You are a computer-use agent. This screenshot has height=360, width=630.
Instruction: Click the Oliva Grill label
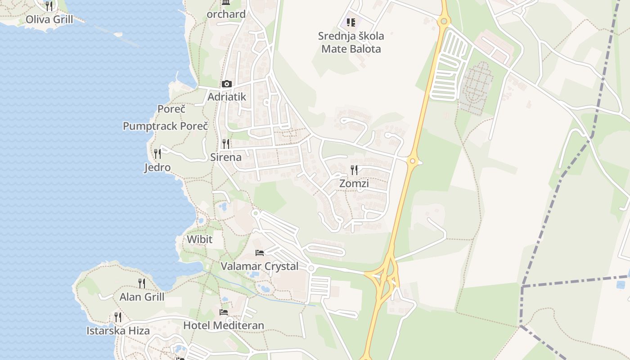[x=49, y=19]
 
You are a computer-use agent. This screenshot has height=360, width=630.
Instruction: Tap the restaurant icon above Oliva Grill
[x=49, y=6]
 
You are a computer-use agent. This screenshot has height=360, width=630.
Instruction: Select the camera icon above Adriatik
[x=226, y=84]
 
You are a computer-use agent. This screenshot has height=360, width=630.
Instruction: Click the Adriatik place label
[x=227, y=96]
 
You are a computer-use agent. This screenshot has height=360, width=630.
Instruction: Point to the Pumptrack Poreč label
[x=166, y=126]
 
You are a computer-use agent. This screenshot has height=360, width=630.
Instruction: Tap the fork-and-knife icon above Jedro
[x=157, y=154]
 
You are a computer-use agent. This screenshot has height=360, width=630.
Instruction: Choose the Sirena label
[x=226, y=157]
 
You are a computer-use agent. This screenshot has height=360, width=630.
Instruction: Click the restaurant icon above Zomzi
[x=354, y=170]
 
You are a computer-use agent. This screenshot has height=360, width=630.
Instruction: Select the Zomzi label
[x=354, y=183]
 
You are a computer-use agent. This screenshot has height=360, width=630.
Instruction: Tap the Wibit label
[x=199, y=239]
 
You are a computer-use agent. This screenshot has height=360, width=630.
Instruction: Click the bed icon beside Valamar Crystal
[x=260, y=253]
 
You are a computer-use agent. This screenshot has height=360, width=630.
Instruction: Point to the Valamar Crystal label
[x=260, y=266]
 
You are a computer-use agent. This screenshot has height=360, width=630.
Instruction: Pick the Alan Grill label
[x=142, y=297]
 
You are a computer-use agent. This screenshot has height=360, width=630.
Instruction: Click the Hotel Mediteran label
[x=224, y=325]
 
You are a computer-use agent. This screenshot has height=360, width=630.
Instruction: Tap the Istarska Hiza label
[x=118, y=331]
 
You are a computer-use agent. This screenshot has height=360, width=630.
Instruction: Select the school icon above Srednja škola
[x=351, y=22]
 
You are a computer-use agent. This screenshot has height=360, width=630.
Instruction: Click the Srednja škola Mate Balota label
[x=351, y=42]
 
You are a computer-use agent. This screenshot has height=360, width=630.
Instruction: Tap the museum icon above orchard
[x=226, y=3]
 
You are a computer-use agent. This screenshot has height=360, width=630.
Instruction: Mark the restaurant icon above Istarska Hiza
[x=118, y=317]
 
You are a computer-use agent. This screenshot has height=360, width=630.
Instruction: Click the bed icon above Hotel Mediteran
[x=224, y=312]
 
